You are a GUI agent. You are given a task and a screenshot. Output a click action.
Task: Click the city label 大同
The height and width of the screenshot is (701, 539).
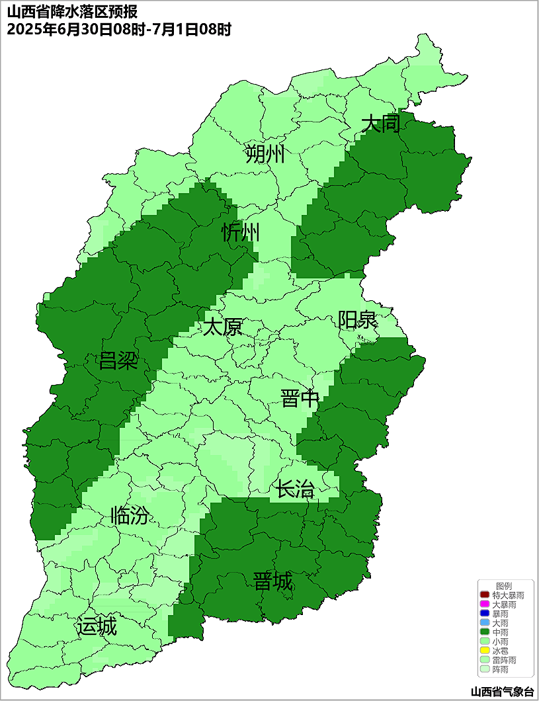[x=381, y=124]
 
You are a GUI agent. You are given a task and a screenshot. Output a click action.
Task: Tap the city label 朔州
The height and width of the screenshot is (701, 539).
[x=265, y=154]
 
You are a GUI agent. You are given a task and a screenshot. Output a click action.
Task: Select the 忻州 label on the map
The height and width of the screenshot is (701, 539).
[x=240, y=233]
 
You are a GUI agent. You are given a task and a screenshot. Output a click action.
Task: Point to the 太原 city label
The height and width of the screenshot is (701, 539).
[x=222, y=327]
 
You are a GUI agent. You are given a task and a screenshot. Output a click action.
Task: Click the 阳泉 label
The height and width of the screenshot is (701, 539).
[x=357, y=320]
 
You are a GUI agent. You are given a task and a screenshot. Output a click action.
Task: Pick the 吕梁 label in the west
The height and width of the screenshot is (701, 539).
[x=118, y=361]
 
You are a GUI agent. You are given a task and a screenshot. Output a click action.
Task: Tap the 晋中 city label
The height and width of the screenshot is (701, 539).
[x=300, y=399]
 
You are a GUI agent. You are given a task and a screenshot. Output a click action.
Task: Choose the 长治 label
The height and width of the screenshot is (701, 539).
[x=294, y=490]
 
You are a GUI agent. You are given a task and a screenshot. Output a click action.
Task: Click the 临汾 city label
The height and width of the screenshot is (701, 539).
[x=129, y=515]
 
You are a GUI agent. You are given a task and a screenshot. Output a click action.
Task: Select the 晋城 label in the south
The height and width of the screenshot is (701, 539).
[x=272, y=582]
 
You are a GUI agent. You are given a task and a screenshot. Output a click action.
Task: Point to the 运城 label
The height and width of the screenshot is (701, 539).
[x=97, y=626]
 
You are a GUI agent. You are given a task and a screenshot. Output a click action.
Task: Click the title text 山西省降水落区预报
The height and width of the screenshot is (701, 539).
[x=73, y=12]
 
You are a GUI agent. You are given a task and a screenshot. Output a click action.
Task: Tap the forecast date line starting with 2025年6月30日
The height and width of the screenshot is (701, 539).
[x=119, y=30]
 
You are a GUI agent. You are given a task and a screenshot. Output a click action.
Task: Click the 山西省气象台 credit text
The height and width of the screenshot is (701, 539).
[x=502, y=692]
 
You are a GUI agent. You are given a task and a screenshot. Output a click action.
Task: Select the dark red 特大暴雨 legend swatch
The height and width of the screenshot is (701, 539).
[x=485, y=595]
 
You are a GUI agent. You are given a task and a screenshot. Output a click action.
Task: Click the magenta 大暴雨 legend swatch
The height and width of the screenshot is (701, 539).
[x=485, y=604]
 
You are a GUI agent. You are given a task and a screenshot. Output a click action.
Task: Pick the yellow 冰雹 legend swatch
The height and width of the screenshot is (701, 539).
[x=485, y=651]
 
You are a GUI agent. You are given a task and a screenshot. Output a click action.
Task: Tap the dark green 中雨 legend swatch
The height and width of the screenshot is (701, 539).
[x=485, y=632]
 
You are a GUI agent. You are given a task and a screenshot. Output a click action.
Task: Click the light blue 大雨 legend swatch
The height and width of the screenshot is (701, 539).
[x=485, y=623]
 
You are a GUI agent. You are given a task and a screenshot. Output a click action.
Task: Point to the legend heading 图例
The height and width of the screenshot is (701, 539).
[x=504, y=586]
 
